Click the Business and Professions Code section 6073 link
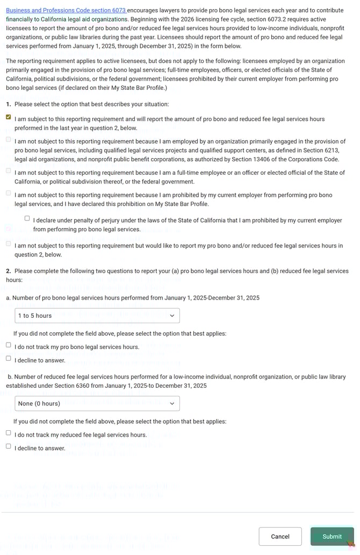pos(66,10)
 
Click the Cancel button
pos(280,536)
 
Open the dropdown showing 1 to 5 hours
pos(97,316)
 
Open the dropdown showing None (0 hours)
pos(97,403)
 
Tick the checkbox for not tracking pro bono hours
pos(9,345)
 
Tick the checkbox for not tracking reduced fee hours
pos(9,433)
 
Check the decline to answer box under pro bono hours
pos(9,359)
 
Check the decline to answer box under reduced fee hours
pos(9,446)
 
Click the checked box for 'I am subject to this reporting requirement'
pos(9,117)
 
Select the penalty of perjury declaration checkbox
pos(27,218)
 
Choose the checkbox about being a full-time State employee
pos(9,171)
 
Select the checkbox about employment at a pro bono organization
pos(9,140)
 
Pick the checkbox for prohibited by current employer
pos(9,194)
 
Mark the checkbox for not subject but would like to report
pos(9,244)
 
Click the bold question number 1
pos(9,104)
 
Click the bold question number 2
pos(9,271)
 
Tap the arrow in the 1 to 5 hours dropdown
pos(172,316)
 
